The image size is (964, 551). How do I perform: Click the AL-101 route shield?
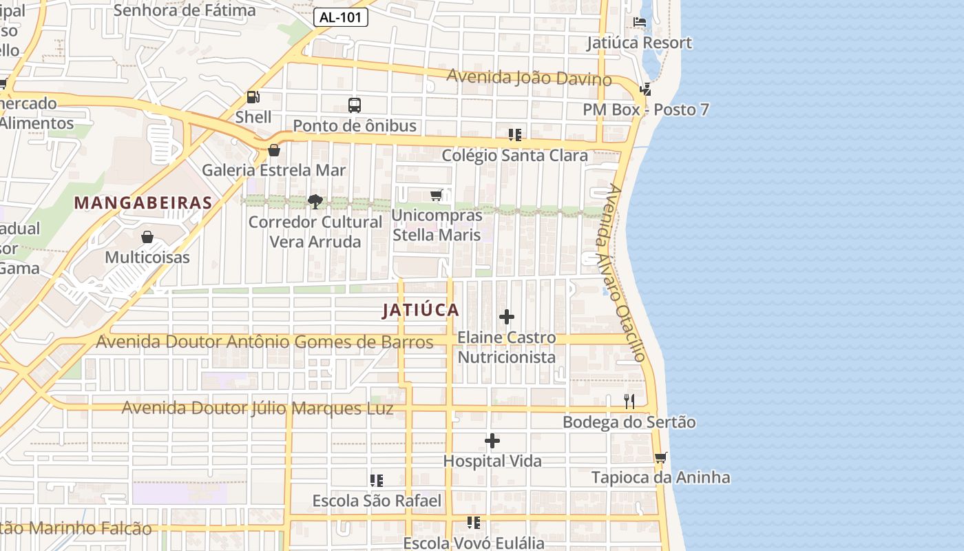(x=341, y=18)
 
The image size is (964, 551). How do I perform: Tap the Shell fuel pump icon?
(x=253, y=98)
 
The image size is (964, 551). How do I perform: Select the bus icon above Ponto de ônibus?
(x=355, y=105)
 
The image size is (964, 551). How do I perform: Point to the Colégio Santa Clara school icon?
(x=514, y=134)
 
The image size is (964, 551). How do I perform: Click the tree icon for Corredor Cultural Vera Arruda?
(x=315, y=202)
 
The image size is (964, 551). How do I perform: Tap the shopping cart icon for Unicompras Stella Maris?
(x=437, y=196)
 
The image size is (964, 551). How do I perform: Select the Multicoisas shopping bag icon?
(x=147, y=238)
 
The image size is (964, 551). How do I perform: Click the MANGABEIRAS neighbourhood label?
(x=143, y=203)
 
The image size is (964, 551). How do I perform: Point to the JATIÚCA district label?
(x=421, y=310)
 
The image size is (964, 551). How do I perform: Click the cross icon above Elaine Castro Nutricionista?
(x=507, y=317)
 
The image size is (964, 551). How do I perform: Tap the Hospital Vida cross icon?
(x=492, y=441)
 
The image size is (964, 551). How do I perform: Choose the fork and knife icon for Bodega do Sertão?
(x=629, y=402)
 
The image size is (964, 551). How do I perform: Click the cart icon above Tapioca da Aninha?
(x=660, y=457)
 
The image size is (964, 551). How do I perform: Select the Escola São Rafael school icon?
(x=377, y=480)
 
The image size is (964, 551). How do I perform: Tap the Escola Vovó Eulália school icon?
(x=474, y=523)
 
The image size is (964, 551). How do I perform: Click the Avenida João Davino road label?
(x=529, y=78)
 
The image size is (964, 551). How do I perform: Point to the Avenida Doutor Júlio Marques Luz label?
(x=258, y=408)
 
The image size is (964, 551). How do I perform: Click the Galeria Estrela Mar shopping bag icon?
(x=274, y=149)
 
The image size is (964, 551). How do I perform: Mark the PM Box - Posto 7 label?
(x=645, y=110)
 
